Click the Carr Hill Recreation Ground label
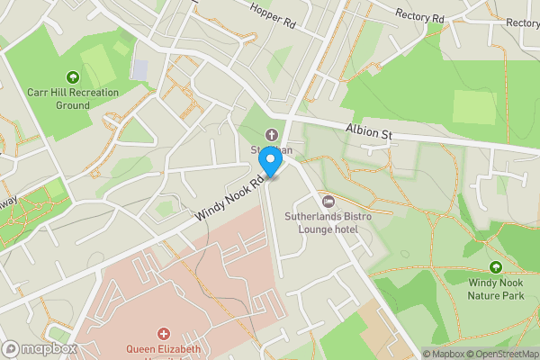58,99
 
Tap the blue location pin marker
269,162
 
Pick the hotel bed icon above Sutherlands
328,201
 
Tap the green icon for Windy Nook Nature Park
495,266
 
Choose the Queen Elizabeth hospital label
164,349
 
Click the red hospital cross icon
164,333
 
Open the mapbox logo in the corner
39,349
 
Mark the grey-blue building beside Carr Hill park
140,68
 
